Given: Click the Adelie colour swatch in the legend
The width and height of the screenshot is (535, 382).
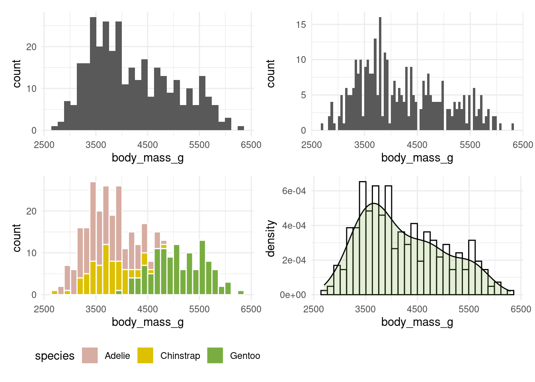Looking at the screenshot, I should (90, 355).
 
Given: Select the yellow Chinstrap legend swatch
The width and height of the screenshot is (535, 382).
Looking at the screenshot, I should (145, 355).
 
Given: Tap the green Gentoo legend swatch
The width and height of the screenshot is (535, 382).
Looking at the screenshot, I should (215, 355).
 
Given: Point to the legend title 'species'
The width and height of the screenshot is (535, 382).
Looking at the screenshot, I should (55, 356).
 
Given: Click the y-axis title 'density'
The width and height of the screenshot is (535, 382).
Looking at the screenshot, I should (271, 238).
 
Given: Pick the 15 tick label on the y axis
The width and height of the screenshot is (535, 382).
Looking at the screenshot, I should (301, 25).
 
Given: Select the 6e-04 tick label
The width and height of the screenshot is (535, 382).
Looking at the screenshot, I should (294, 191).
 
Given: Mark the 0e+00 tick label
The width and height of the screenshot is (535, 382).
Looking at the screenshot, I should (293, 295).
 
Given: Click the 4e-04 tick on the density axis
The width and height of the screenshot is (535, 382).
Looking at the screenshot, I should (294, 226).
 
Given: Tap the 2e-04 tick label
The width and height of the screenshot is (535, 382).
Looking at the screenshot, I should (294, 260).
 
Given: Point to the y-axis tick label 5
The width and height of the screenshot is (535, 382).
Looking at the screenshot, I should (303, 95).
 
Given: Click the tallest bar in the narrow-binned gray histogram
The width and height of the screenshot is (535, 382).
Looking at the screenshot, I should (380, 74).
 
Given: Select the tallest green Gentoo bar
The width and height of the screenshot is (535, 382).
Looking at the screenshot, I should (202, 267).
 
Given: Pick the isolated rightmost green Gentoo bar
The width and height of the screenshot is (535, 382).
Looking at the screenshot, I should (241, 293).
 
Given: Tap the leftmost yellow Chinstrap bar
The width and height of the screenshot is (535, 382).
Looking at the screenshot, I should (55, 293).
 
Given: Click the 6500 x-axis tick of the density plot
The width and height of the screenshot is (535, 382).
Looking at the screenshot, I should (521, 309).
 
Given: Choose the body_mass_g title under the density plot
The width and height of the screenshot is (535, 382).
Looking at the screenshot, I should (417, 322).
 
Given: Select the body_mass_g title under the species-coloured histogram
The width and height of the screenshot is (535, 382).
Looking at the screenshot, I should (148, 322).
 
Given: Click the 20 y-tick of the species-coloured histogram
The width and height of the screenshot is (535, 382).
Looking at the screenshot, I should (31, 211).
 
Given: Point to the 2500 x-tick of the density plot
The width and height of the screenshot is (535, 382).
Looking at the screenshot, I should (314, 309).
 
